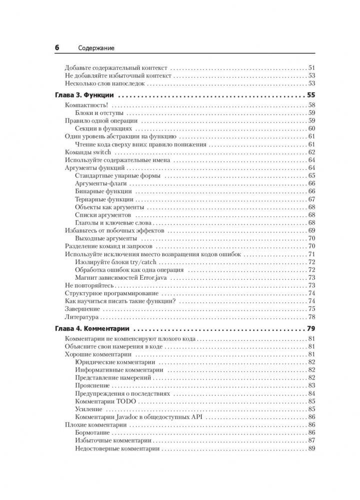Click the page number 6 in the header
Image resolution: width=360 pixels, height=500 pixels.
coord(57,48)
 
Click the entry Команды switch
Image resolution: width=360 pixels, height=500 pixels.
coord(86,152)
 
